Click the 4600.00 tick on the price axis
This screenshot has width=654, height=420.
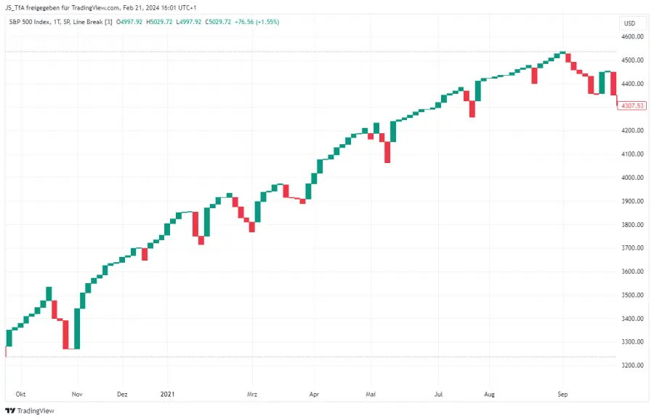[x=632, y=36]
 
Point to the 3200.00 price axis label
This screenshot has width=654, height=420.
[x=632, y=365]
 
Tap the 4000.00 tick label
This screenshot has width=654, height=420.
[x=632, y=178]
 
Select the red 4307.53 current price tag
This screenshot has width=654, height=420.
[x=631, y=106]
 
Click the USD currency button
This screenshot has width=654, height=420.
[x=629, y=23]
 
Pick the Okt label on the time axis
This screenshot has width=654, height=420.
[x=20, y=394]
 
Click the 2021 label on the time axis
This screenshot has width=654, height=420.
[x=169, y=394]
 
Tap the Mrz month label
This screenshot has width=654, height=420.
[x=252, y=394]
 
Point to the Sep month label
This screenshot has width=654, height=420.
[x=562, y=394]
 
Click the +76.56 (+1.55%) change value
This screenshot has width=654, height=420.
[x=257, y=22]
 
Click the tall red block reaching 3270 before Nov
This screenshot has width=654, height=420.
[x=66, y=334]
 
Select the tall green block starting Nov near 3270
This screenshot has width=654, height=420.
[x=77, y=328]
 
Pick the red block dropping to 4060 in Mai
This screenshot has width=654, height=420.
[x=387, y=151]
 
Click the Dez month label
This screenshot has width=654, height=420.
[x=122, y=394]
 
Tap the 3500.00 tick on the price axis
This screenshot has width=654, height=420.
[x=632, y=295]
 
